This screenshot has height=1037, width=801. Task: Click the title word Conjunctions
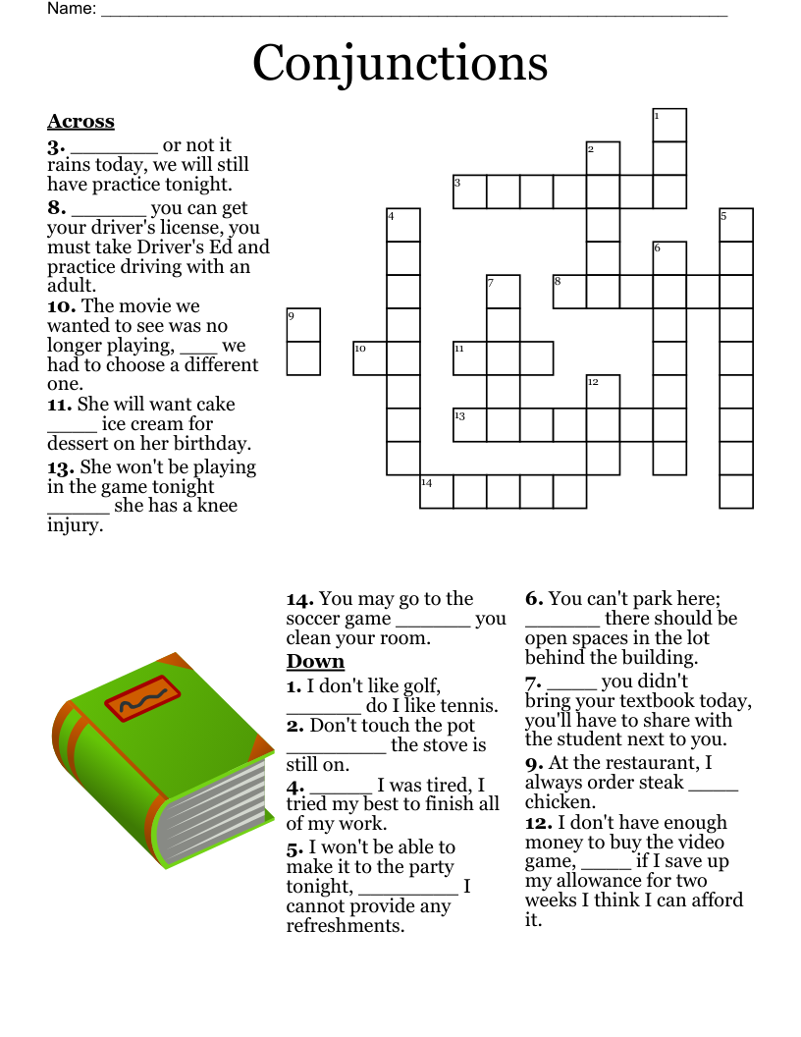coord(400,63)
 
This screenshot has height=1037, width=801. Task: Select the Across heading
coord(80,122)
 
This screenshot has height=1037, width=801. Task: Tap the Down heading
coord(315,661)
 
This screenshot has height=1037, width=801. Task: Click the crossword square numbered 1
coord(669,125)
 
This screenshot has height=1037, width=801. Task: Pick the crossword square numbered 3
coord(469,191)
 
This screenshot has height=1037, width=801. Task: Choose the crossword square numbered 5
coord(736,225)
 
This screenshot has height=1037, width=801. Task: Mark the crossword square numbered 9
coord(303,325)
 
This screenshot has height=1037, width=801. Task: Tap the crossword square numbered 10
coord(369,358)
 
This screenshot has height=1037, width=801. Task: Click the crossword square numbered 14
coord(437,492)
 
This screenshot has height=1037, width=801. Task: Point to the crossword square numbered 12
coord(603,392)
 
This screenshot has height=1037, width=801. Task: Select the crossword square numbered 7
coord(503,292)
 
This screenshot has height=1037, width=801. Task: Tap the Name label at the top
coord(72,9)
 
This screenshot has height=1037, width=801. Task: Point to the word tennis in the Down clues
coord(470,705)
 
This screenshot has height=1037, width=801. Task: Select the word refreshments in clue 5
coord(345,925)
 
